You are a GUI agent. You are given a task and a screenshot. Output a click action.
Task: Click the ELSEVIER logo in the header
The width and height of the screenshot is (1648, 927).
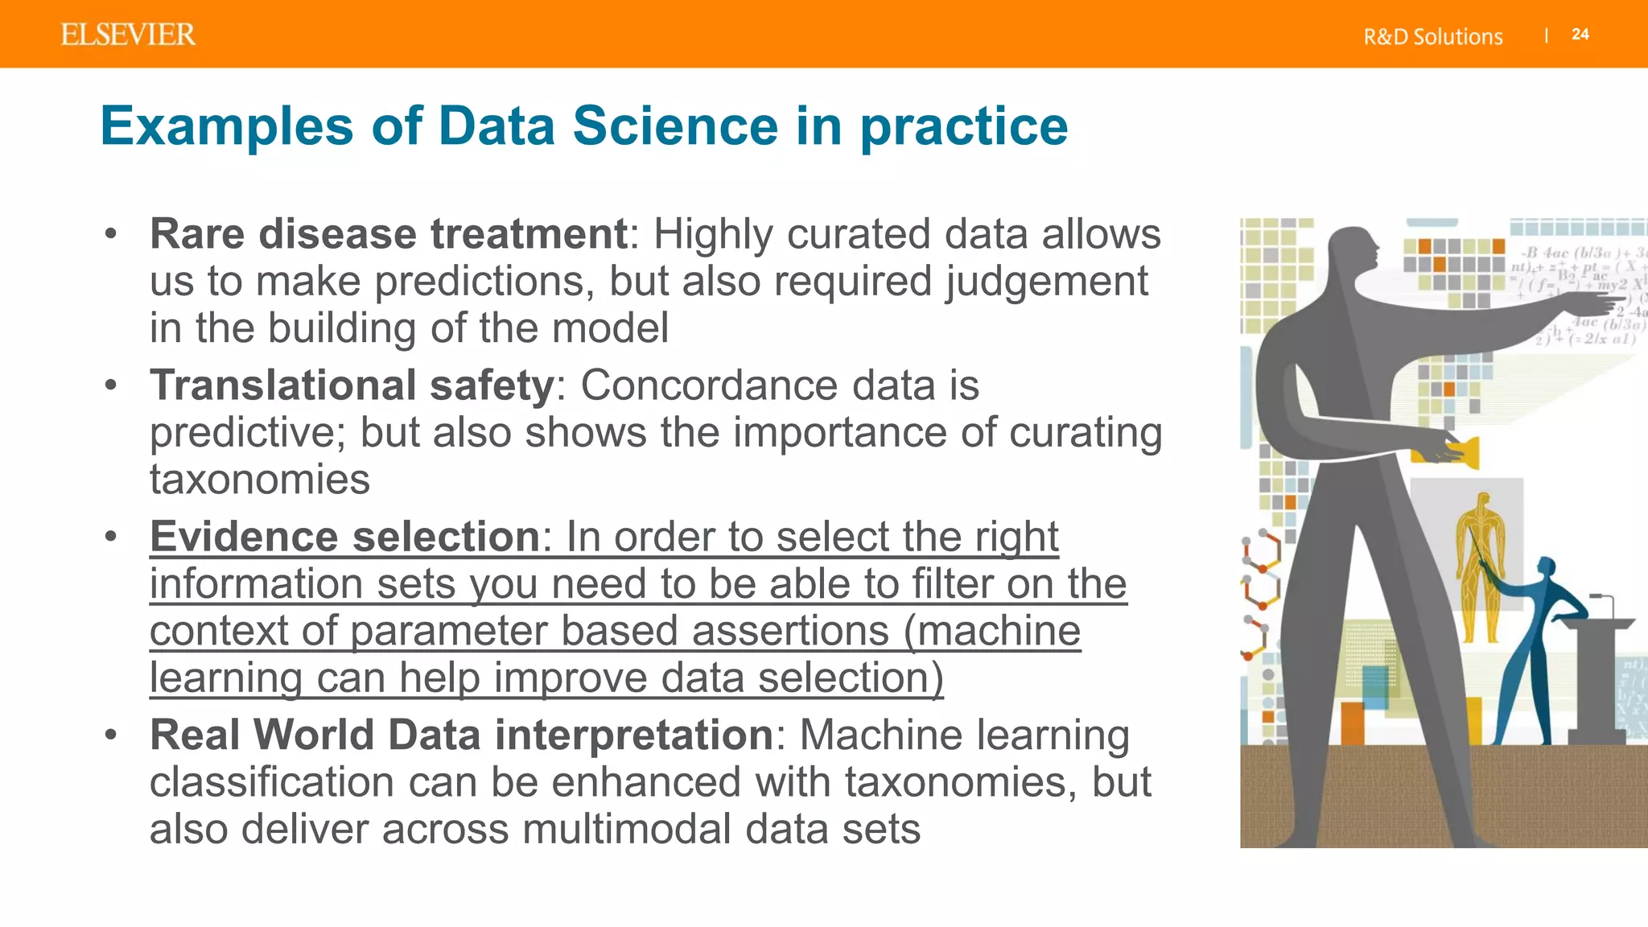[x=128, y=35]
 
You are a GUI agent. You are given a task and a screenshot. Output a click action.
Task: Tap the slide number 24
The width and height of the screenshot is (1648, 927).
[x=1580, y=35]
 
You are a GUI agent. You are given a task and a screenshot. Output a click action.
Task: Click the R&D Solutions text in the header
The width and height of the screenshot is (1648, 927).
[x=1432, y=37]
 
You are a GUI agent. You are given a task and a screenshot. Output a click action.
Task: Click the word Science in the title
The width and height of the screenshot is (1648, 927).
[x=675, y=126]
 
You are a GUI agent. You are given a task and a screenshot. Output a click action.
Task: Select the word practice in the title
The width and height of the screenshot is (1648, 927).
[x=963, y=128]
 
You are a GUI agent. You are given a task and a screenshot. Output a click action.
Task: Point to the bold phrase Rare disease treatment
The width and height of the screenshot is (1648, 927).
[x=388, y=234]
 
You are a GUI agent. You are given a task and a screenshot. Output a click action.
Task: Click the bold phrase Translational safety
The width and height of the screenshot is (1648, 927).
[x=352, y=385]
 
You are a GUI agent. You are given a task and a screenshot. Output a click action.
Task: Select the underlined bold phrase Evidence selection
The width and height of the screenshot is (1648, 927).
[x=344, y=537]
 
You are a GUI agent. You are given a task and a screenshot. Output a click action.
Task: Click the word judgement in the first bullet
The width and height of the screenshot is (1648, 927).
[x=1046, y=282]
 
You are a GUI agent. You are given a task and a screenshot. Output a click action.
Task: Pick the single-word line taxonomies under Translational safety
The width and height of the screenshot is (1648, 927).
[x=260, y=480]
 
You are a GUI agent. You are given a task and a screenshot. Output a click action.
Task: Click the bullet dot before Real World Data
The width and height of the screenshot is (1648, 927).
[x=111, y=735]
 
